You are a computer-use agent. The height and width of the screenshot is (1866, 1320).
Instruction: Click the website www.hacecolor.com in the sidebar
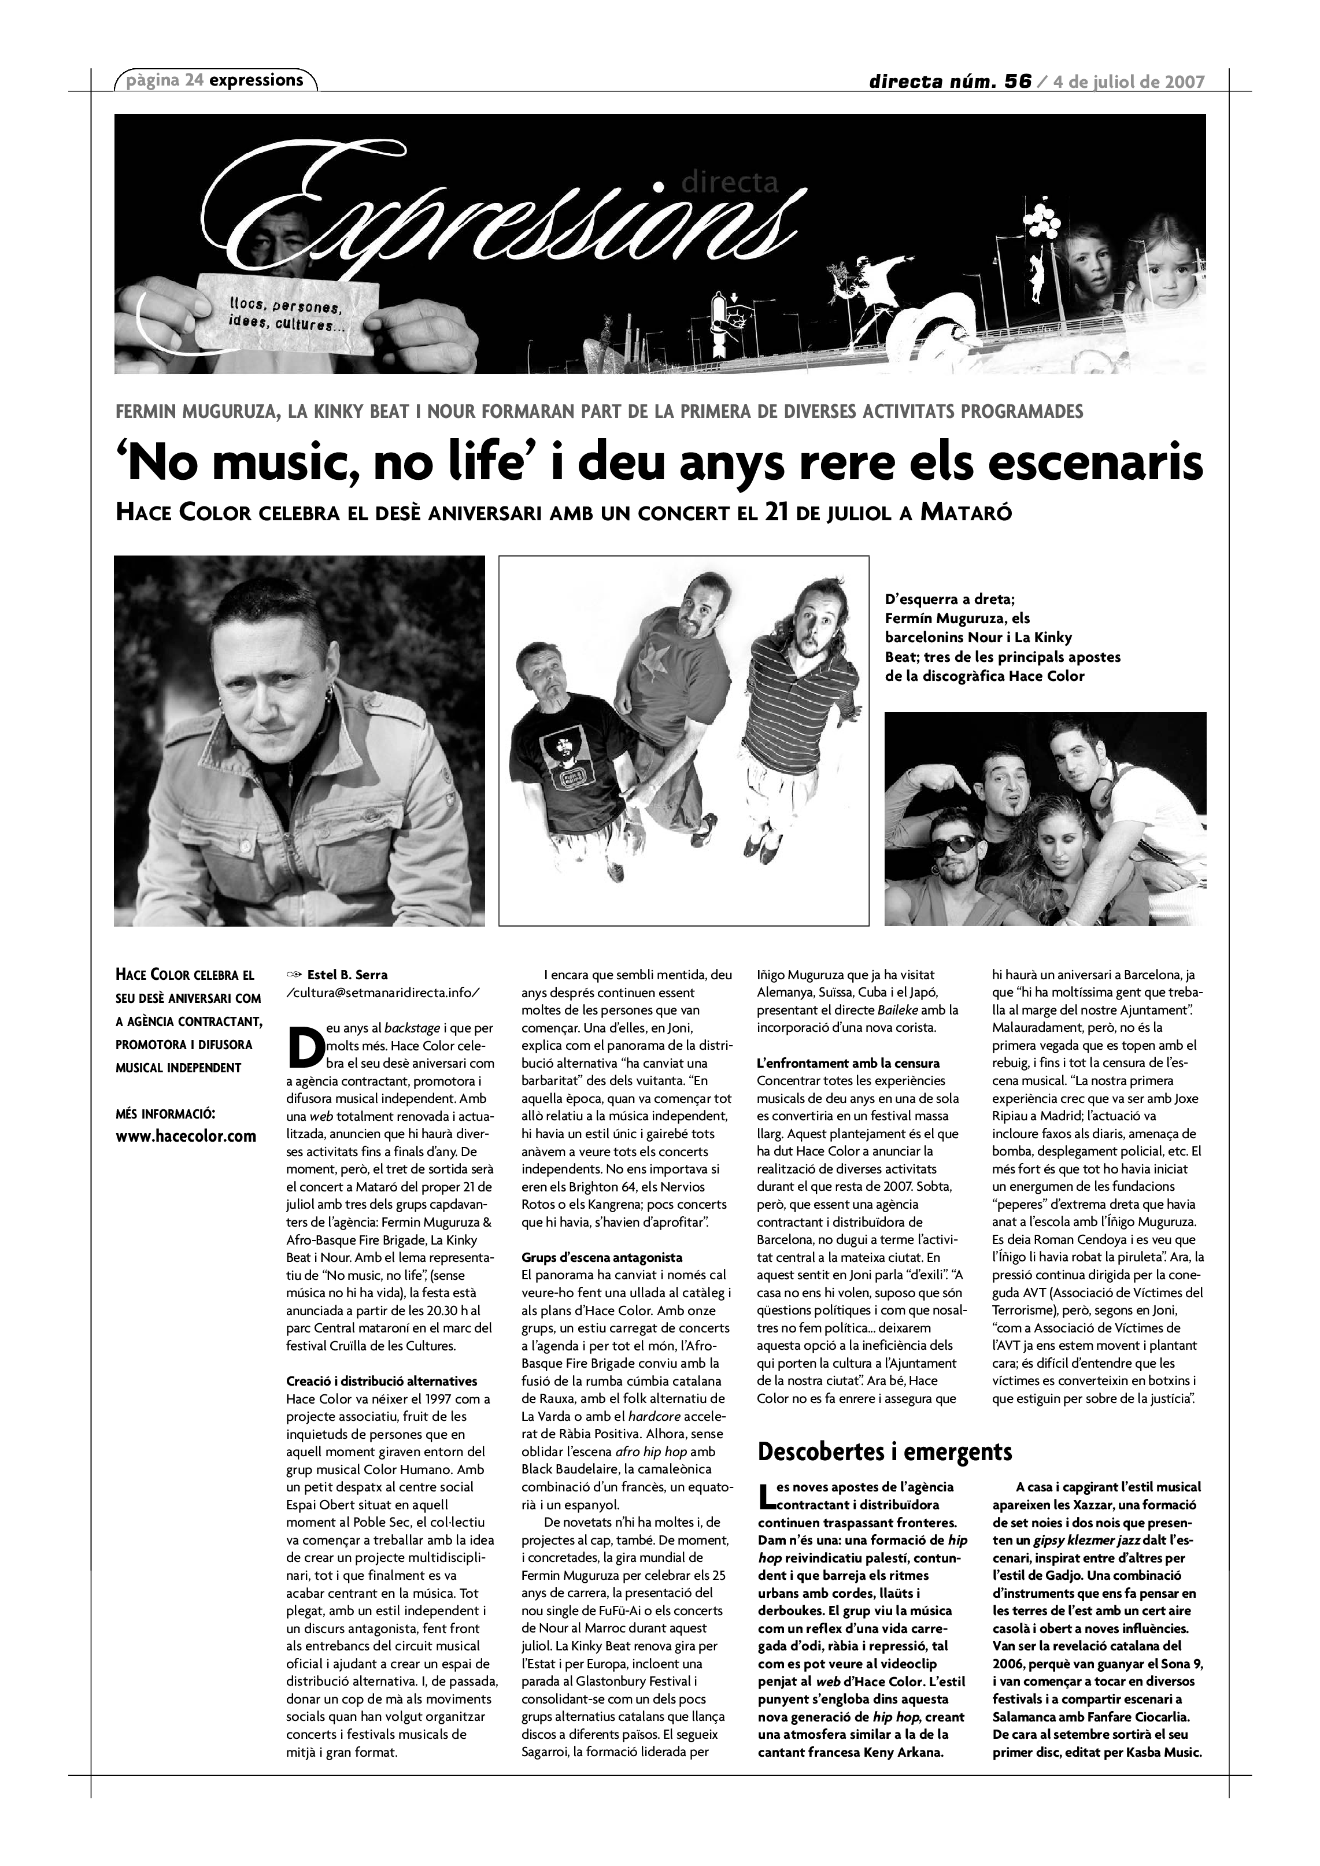[x=186, y=1136]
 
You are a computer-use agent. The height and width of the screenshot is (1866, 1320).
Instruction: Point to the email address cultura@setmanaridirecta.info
[x=384, y=993]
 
